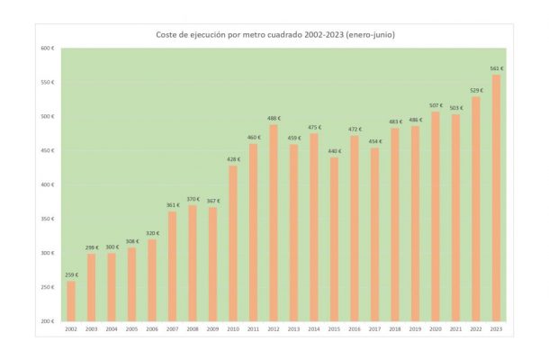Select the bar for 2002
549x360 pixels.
click(72, 301)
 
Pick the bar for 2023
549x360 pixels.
click(496, 197)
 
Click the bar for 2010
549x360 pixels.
click(233, 243)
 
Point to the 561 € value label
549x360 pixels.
click(496, 68)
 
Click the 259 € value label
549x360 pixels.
click(72, 274)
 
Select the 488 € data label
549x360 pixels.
click(274, 118)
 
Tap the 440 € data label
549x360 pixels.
click(335, 151)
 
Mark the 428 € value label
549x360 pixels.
click(233, 159)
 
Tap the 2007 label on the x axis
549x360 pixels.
click(173, 329)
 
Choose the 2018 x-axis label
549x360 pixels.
click(395, 329)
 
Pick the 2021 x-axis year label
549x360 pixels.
click(455, 329)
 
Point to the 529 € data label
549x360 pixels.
click(476, 90)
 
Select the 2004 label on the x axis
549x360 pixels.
click(112, 329)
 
